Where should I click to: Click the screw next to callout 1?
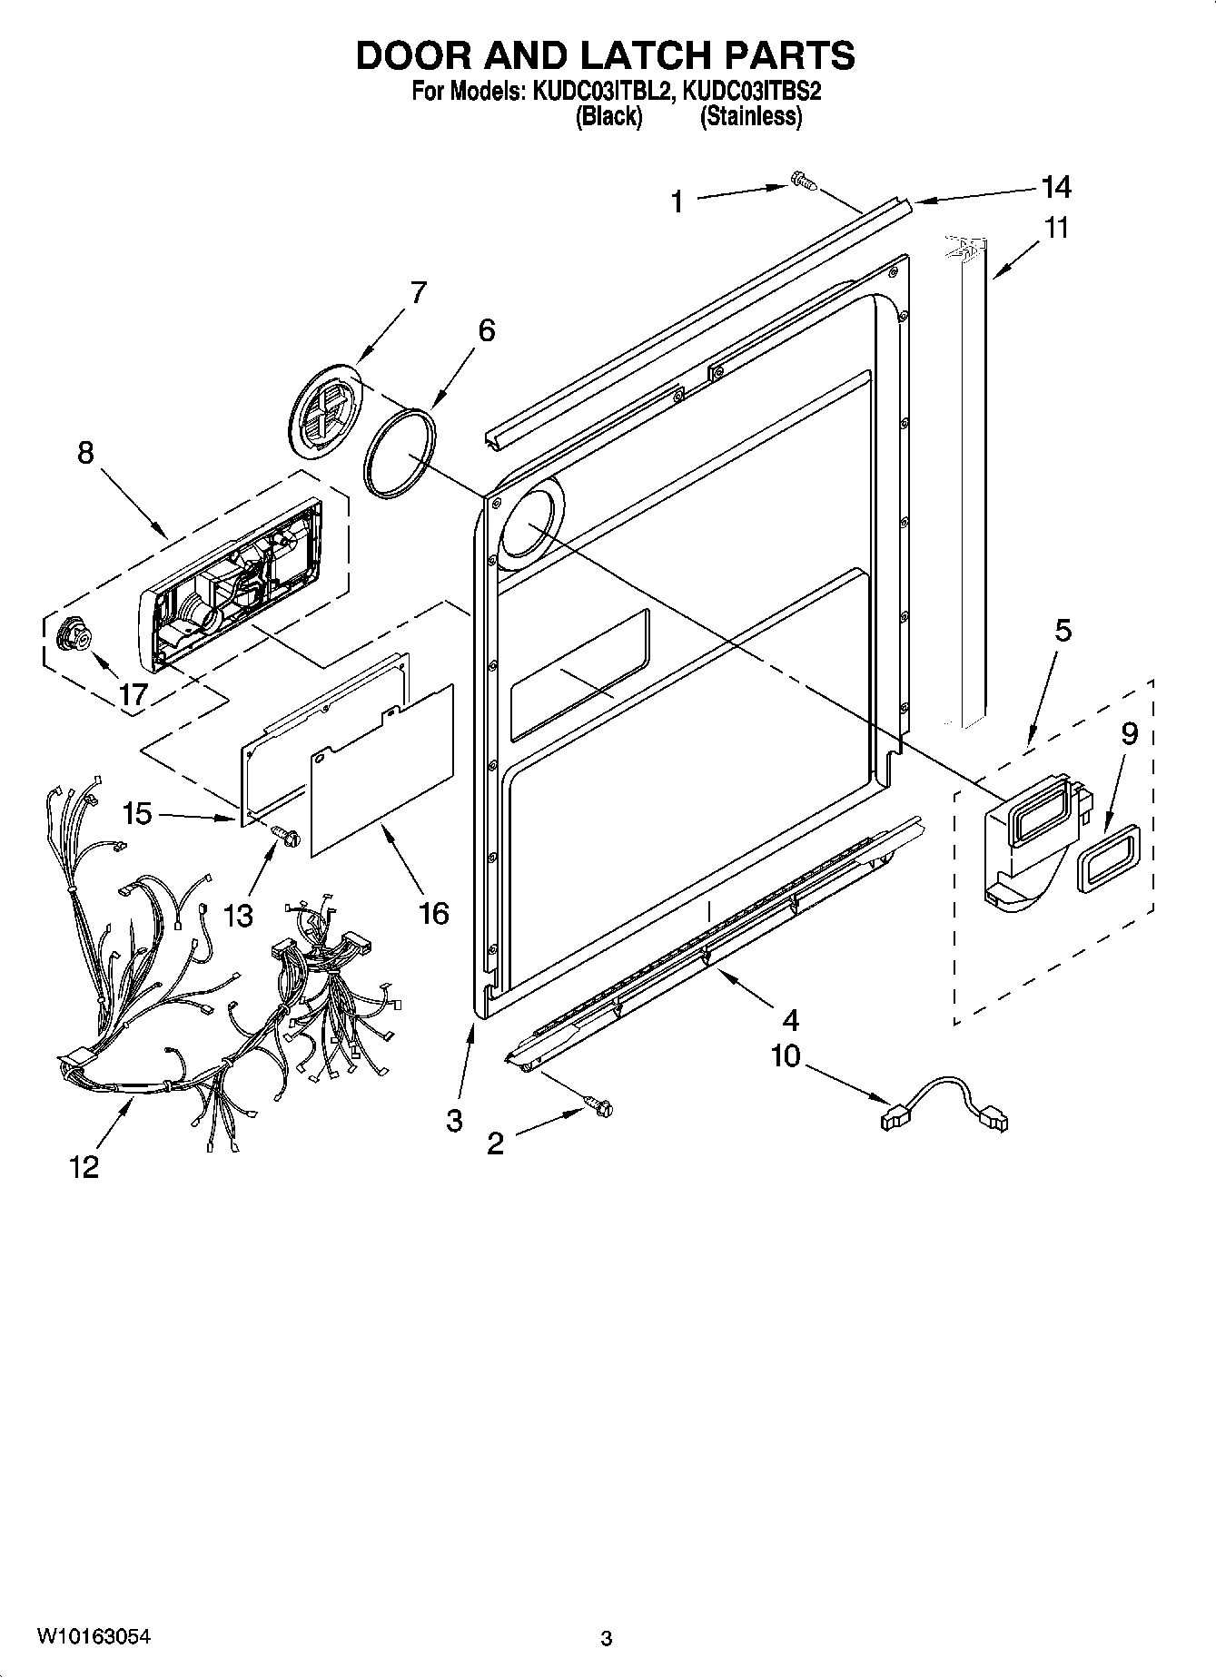point(804,181)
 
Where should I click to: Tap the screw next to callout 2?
point(600,1104)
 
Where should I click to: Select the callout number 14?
point(1056,187)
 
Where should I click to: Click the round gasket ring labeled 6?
point(400,452)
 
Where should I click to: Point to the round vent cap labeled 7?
point(326,407)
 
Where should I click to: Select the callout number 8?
point(85,453)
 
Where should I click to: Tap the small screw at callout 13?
point(284,834)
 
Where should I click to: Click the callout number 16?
point(435,913)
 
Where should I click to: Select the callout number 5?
point(1063,629)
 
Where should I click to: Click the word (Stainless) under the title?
point(751,116)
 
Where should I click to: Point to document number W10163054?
point(94,1636)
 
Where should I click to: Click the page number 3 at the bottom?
point(606,1638)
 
